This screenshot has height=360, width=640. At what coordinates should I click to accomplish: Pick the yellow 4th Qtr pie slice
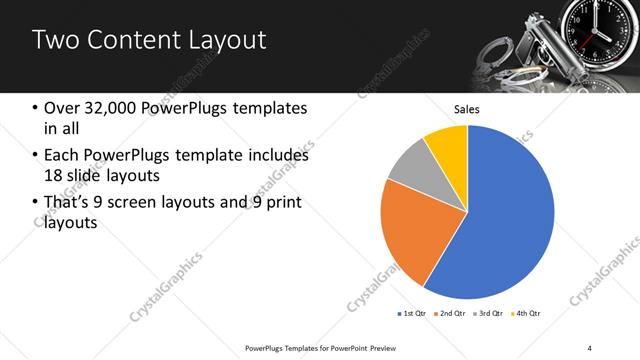[x=446, y=145]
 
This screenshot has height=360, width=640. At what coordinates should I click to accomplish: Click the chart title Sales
[x=467, y=108]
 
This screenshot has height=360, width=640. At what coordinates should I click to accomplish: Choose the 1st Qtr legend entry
[x=411, y=314]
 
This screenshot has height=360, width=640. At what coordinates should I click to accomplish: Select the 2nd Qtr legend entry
[x=450, y=314]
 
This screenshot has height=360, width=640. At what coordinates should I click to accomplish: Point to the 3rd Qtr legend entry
[x=488, y=314]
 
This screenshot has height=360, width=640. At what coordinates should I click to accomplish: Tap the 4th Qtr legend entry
[x=526, y=314]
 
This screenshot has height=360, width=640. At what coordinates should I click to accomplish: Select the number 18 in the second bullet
[x=54, y=175]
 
